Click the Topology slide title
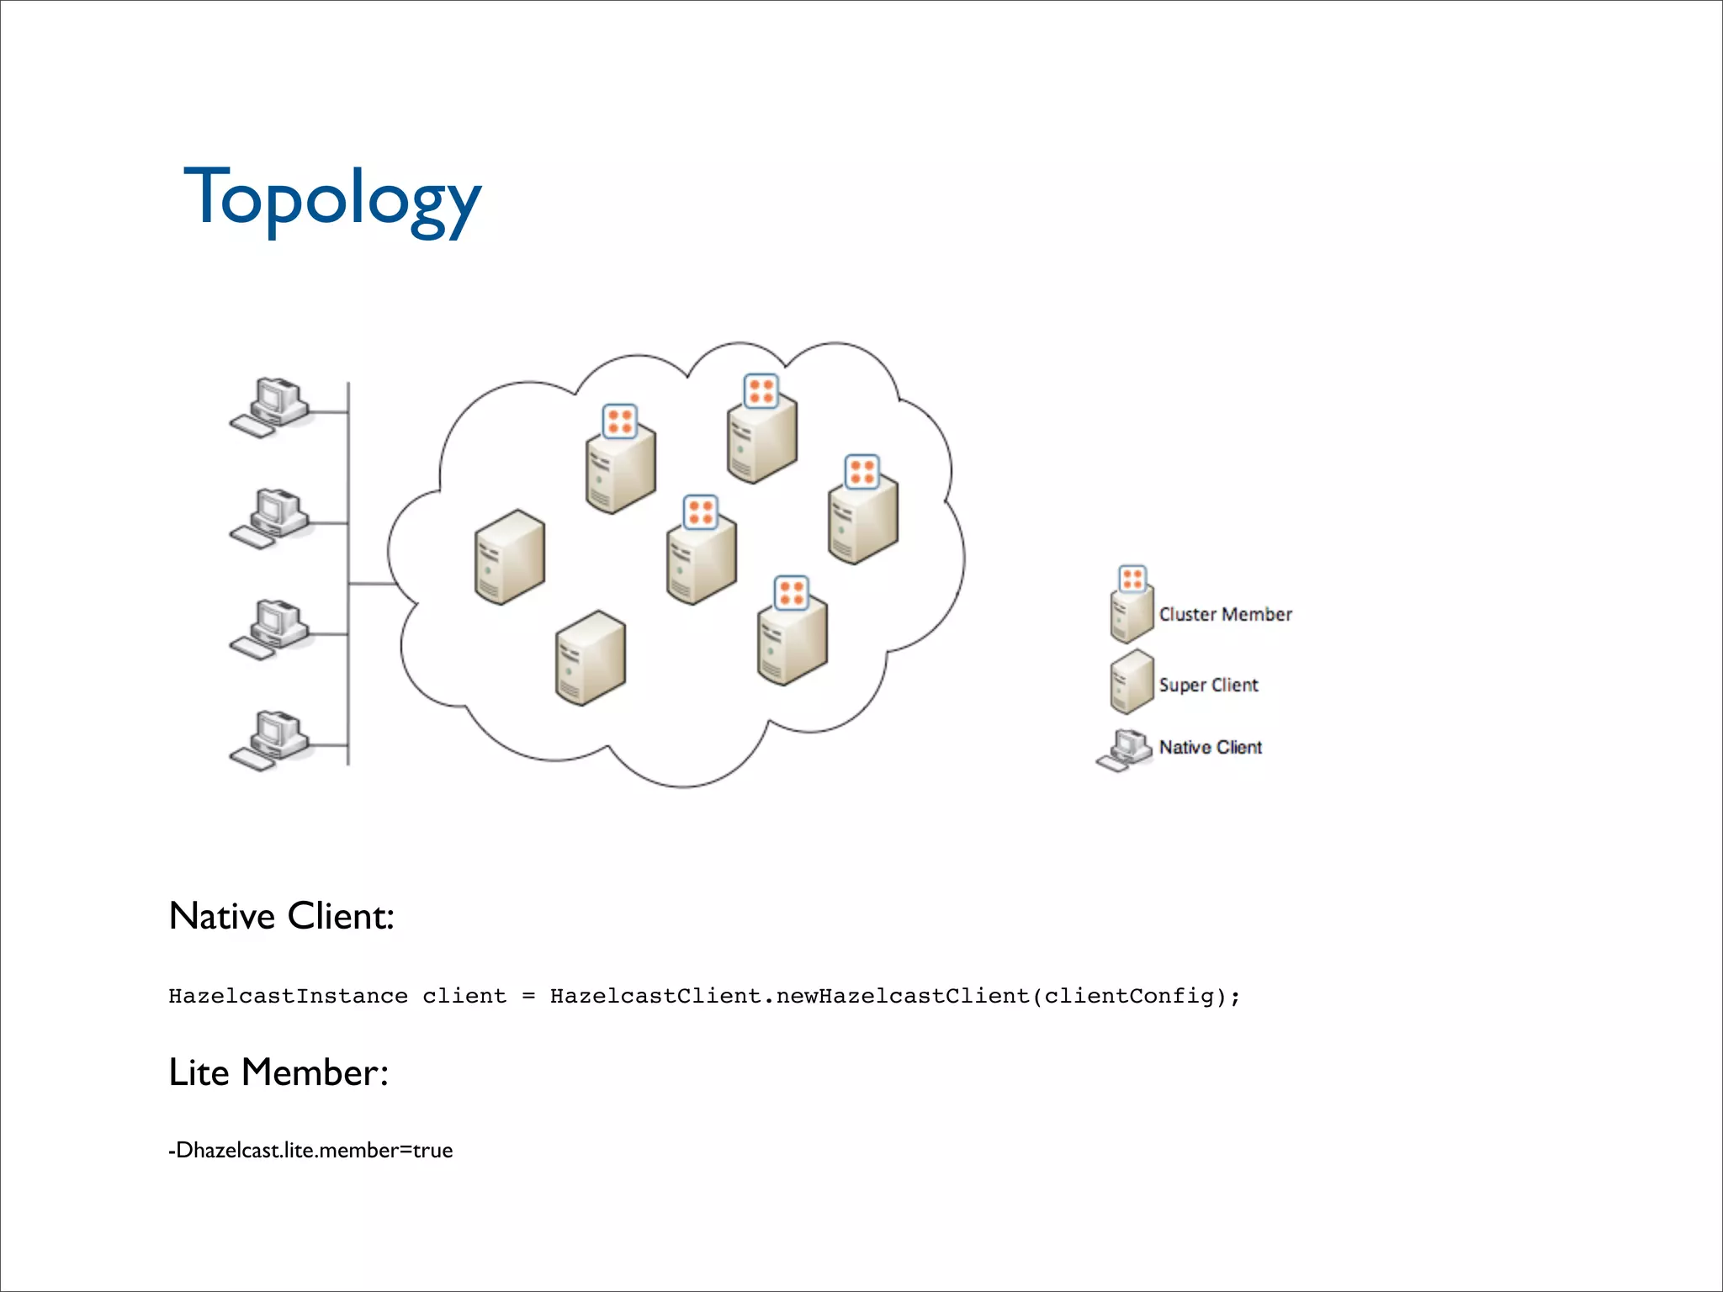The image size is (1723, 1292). [331, 199]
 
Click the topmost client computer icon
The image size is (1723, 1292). [272, 407]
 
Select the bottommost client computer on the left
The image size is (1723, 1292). [272, 740]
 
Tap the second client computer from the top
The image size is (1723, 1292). [272, 518]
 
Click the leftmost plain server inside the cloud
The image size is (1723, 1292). [509, 557]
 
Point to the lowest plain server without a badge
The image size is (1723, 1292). [590, 659]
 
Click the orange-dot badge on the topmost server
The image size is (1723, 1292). [761, 391]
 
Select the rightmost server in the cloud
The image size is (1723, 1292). [863, 515]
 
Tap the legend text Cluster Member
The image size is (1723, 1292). [1224, 615]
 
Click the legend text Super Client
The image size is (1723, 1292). [1208, 686]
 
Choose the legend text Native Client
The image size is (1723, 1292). [1210, 748]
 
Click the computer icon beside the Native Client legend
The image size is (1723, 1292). [1125, 749]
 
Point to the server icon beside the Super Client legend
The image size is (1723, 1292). [1131, 682]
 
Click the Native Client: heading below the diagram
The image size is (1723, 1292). [281, 916]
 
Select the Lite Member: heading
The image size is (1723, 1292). [278, 1072]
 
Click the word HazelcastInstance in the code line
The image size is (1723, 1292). [288, 997]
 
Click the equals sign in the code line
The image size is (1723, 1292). [528, 997]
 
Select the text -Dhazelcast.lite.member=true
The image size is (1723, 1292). [310, 1151]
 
